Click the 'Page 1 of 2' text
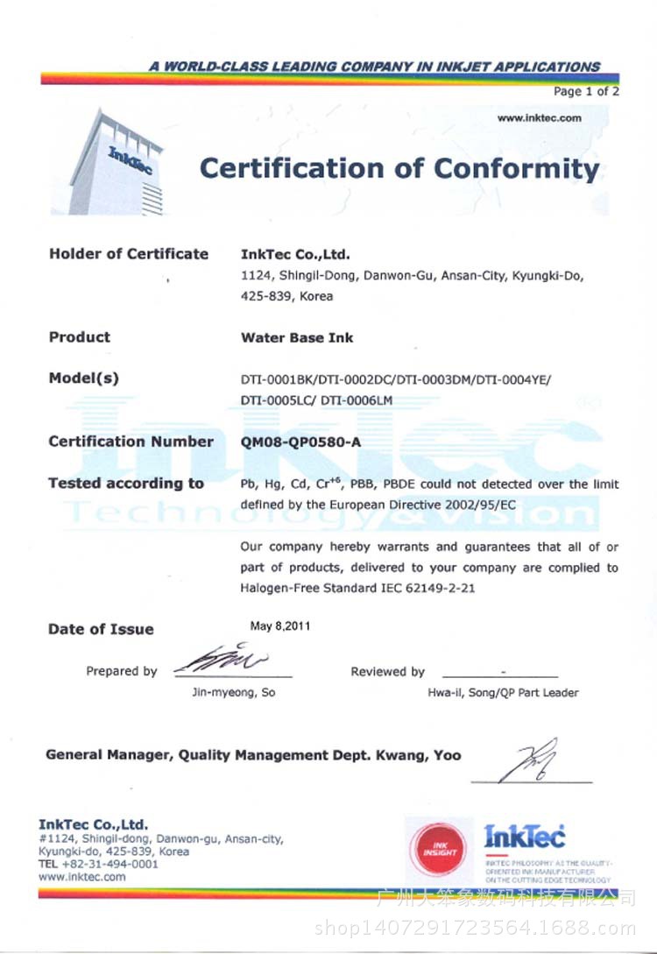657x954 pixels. click(x=586, y=91)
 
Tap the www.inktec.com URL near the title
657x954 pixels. click(x=539, y=117)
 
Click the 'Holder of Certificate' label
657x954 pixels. click(x=129, y=254)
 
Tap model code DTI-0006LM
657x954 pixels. click(x=359, y=400)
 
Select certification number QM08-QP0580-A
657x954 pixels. click(x=300, y=442)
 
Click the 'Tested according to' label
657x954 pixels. click(x=126, y=484)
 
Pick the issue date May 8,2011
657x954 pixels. click(x=279, y=626)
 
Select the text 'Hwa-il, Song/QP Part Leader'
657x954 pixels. click(x=503, y=692)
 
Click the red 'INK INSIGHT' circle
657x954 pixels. click(x=440, y=849)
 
